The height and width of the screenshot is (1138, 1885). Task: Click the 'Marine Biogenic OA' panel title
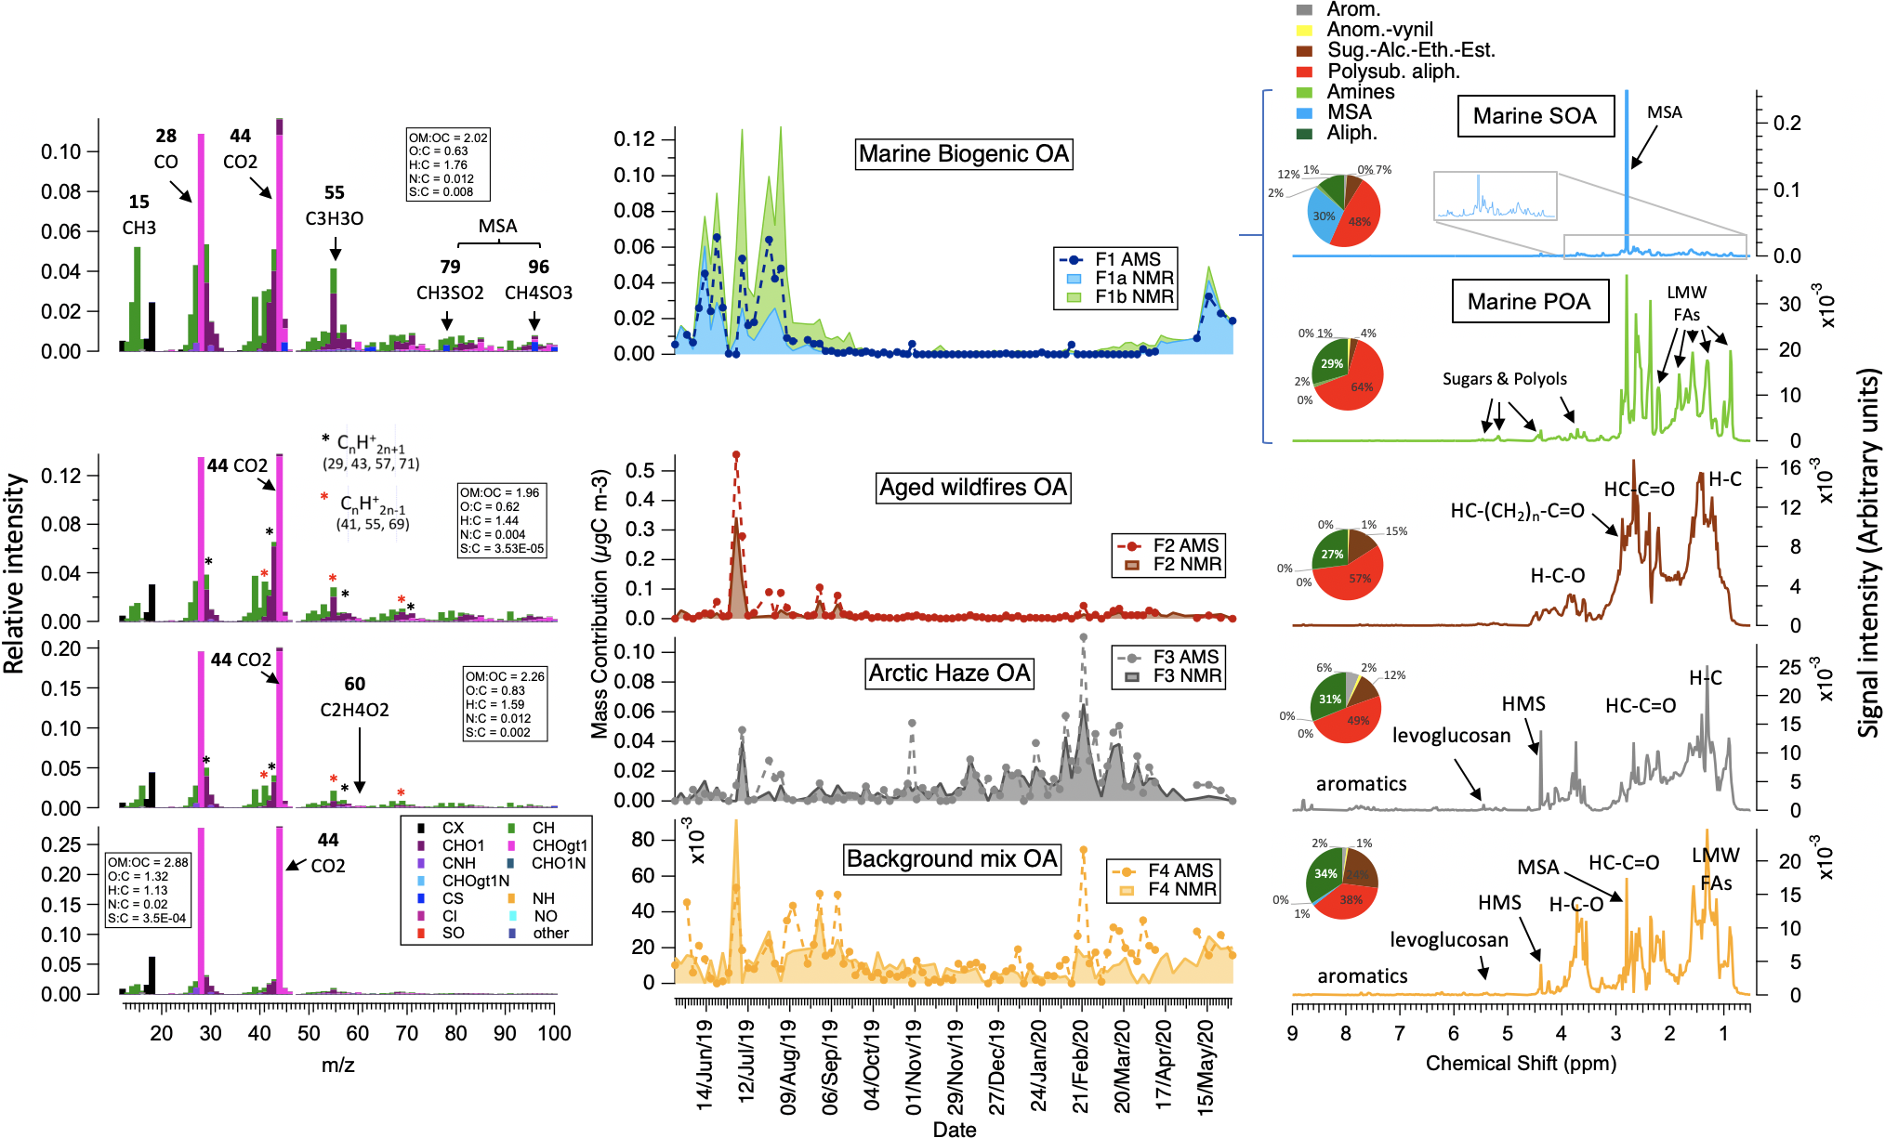click(x=963, y=154)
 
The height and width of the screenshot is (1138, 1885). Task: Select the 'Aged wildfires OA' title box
click(x=973, y=488)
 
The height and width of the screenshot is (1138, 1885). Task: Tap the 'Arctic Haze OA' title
click(x=949, y=674)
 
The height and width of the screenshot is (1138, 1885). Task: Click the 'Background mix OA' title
click(x=952, y=859)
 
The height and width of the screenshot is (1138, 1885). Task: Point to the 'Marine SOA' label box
click(x=1535, y=116)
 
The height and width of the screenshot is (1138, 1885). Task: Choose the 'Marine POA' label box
click(x=1529, y=302)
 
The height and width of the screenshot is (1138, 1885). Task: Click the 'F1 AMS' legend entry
click(x=1127, y=260)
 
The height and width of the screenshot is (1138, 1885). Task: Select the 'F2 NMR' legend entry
click(x=1186, y=564)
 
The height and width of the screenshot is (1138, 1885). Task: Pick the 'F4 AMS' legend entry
click(x=1180, y=870)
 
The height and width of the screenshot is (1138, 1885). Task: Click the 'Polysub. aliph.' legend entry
click(x=1392, y=72)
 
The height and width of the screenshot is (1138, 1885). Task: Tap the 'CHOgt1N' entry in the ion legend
click(x=475, y=881)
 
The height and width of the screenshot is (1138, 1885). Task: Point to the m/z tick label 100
click(x=554, y=1033)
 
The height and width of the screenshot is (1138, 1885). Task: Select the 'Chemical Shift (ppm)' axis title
click(x=1521, y=1063)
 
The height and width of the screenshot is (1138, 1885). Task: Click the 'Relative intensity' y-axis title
click(x=14, y=573)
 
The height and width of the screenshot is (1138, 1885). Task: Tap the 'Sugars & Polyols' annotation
click(x=1504, y=379)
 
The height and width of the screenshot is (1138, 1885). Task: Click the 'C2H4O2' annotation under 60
click(x=354, y=710)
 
